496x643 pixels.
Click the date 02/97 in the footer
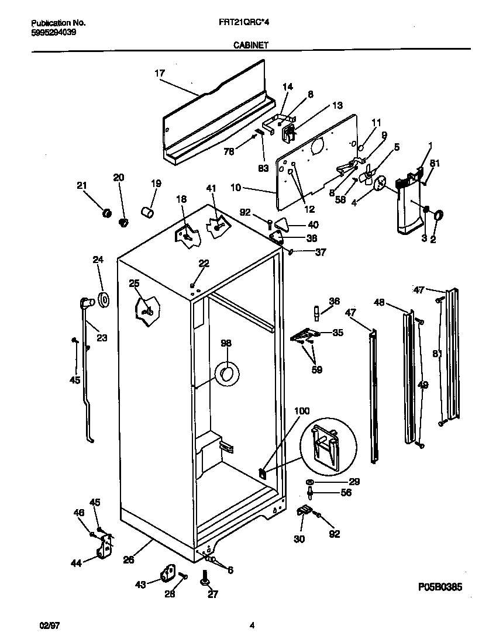(42, 626)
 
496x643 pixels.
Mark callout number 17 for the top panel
(159, 73)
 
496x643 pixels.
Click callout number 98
(226, 343)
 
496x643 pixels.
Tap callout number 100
(302, 411)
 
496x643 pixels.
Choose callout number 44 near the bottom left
(76, 563)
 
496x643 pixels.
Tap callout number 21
(81, 186)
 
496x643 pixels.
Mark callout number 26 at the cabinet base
(129, 559)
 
